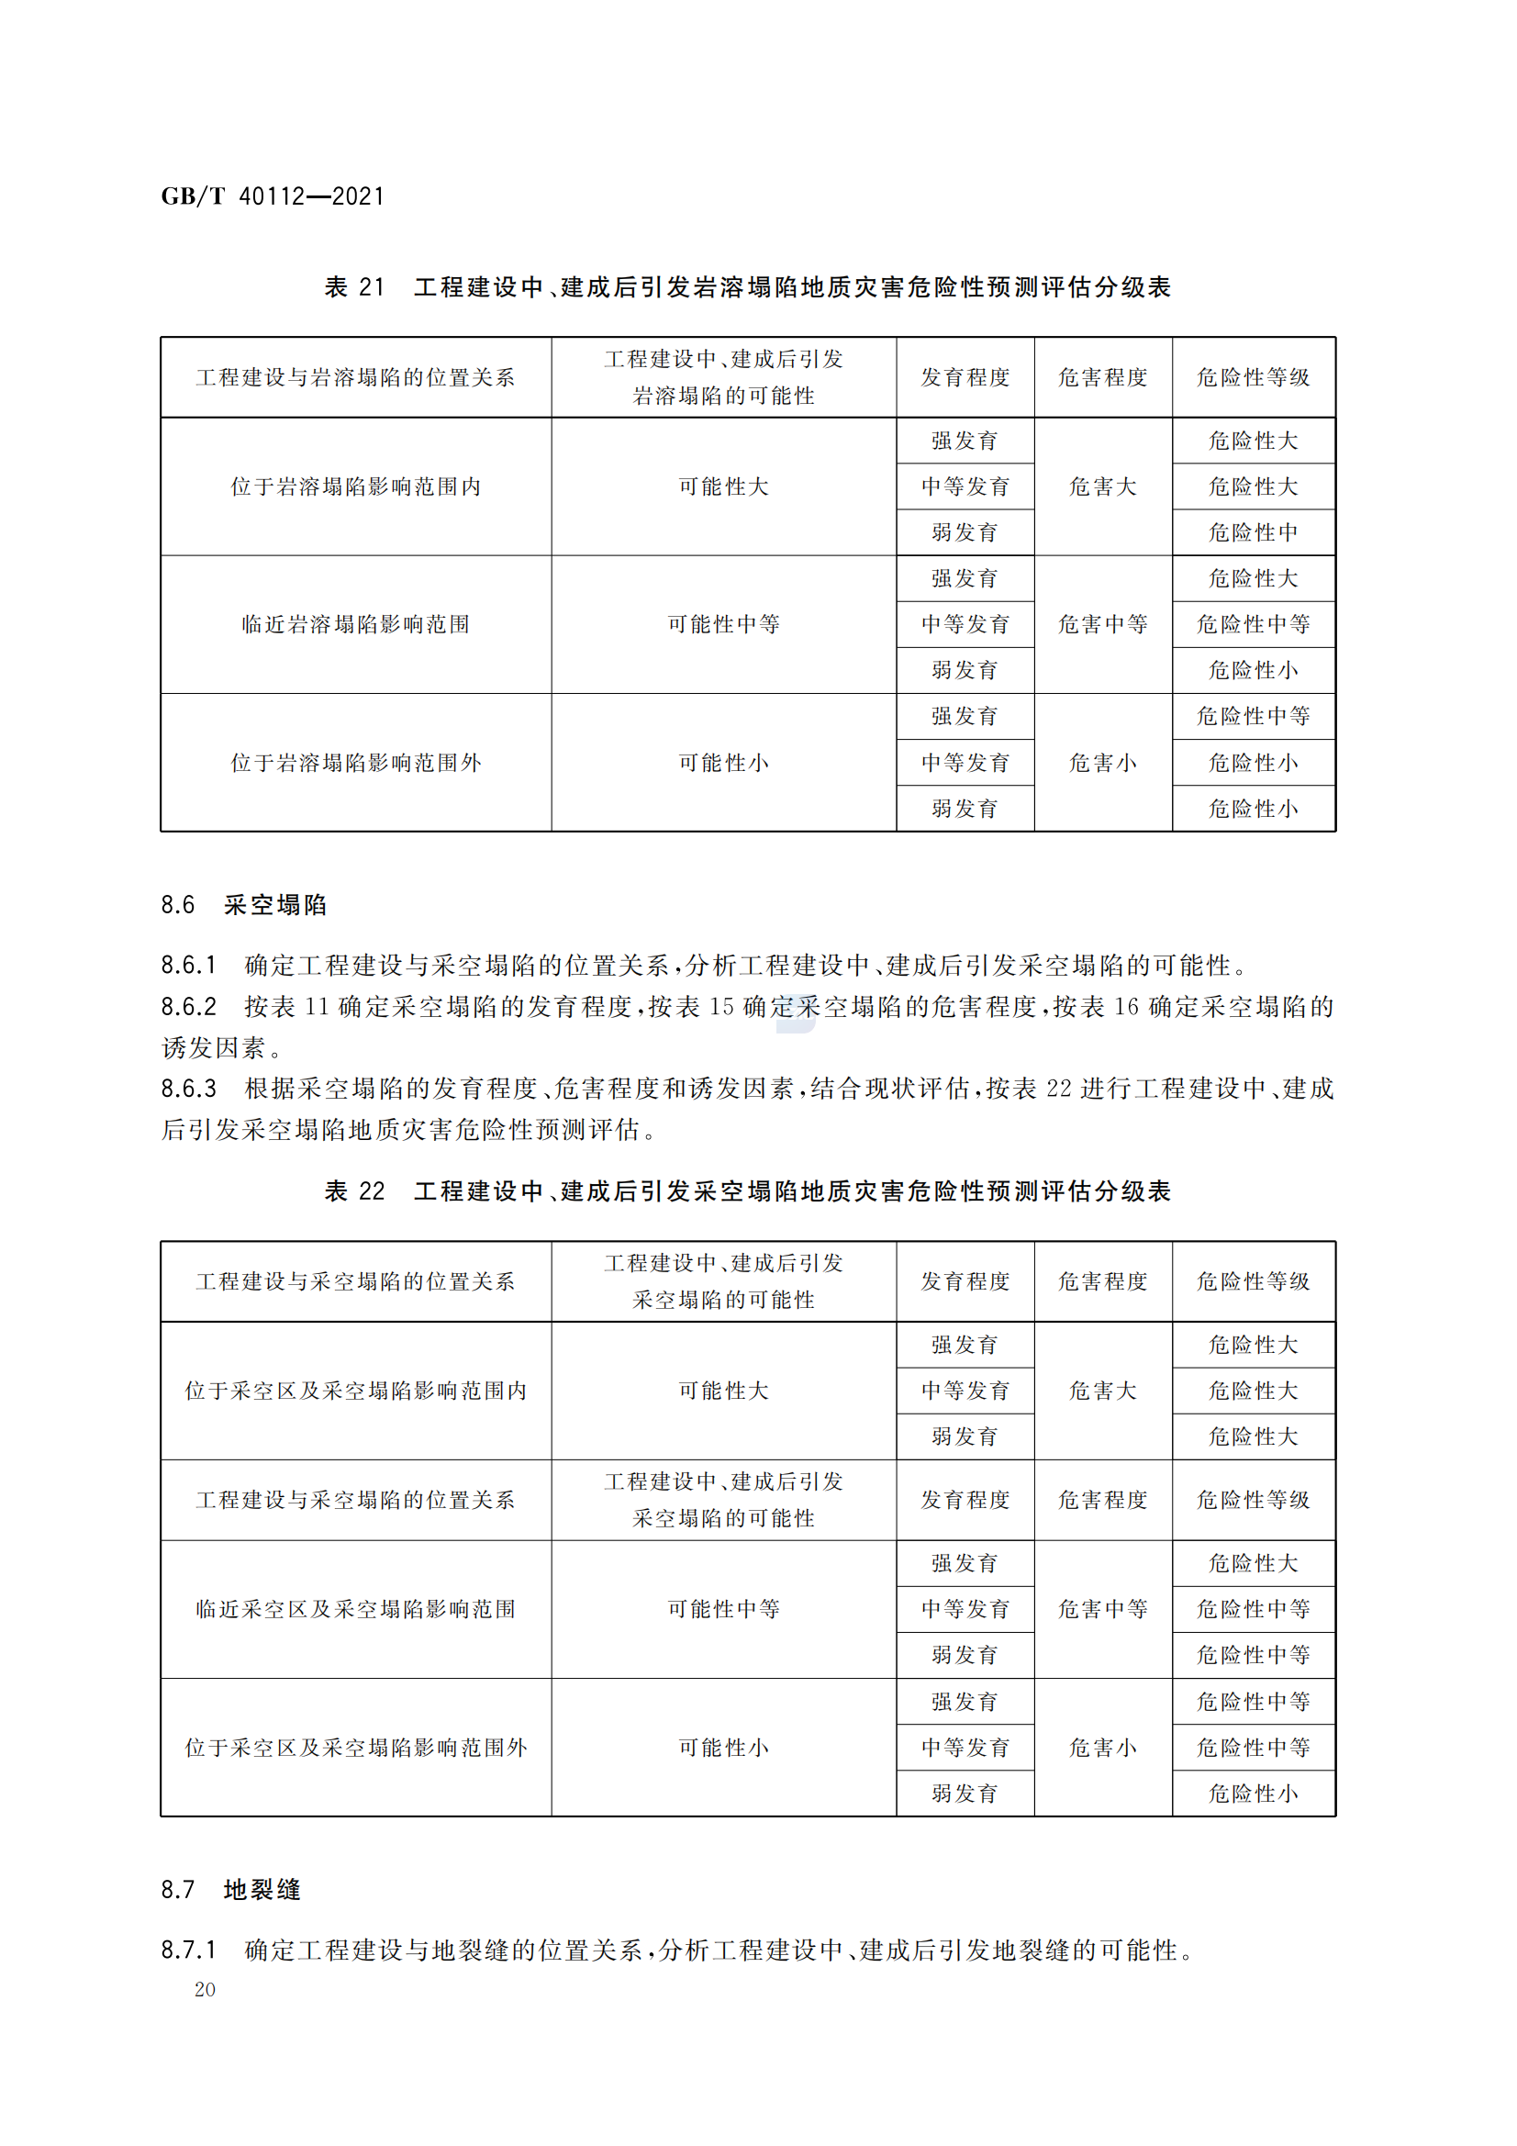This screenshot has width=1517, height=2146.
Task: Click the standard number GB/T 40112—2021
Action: click(x=272, y=196)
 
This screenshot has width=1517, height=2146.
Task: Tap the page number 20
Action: click(x=205, y=1989)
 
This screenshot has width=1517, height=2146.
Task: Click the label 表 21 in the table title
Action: click(x=354, y=287)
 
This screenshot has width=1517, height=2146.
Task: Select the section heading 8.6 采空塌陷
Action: click(x=244, y=904)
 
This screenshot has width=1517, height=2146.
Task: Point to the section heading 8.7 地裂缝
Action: click(x=231, y=1889)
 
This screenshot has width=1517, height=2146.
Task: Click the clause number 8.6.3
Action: click(x=188, y=1088)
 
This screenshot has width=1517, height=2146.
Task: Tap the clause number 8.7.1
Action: click(x=188, y=1949)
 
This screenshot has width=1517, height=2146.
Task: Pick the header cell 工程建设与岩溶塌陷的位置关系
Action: click(x=355, y=377)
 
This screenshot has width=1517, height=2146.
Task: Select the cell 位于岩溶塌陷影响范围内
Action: click(x=355, y=486)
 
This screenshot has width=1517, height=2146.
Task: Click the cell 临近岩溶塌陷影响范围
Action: click(x=355, y=624)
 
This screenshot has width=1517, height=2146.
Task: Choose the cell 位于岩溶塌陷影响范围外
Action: click(x=355, y=763)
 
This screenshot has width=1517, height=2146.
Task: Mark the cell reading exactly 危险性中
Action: click(x=1253, y=532)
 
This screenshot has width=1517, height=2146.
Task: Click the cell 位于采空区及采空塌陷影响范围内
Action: click(x=355, y=1391)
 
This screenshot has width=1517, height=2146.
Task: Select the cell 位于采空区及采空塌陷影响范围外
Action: click(x=355, y=1747)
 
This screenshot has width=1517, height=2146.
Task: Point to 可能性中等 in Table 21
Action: click(x=722, y=624)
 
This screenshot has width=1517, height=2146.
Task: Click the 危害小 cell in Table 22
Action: click(x=1103, y=1747)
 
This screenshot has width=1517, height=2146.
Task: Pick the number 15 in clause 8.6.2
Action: click(x=720, y=1007)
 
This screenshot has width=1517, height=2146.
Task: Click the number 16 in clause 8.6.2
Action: click(x=1125, y=1007)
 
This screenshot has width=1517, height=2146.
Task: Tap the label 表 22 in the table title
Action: click(x=354, y=1190)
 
